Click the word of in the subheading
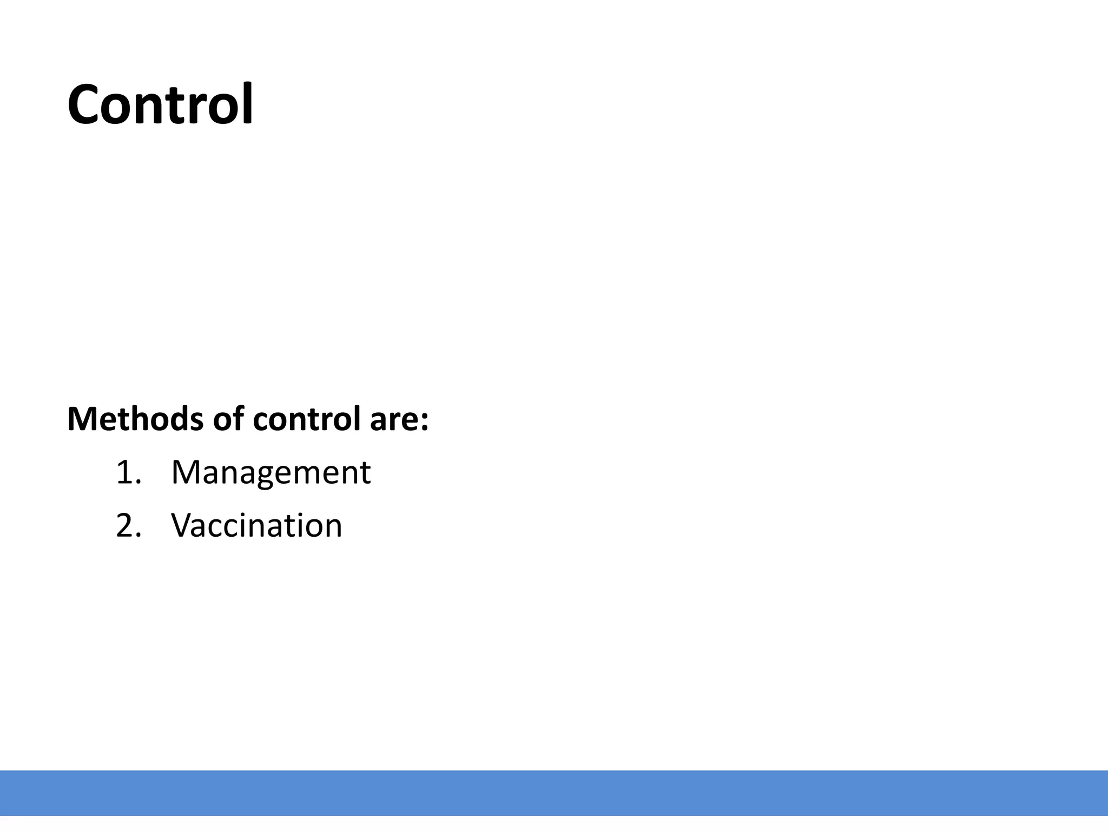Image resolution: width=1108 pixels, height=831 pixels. (227, 419)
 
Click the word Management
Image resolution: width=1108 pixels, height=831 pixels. (271, 472)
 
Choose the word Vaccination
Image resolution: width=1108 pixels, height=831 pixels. (256, 525)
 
